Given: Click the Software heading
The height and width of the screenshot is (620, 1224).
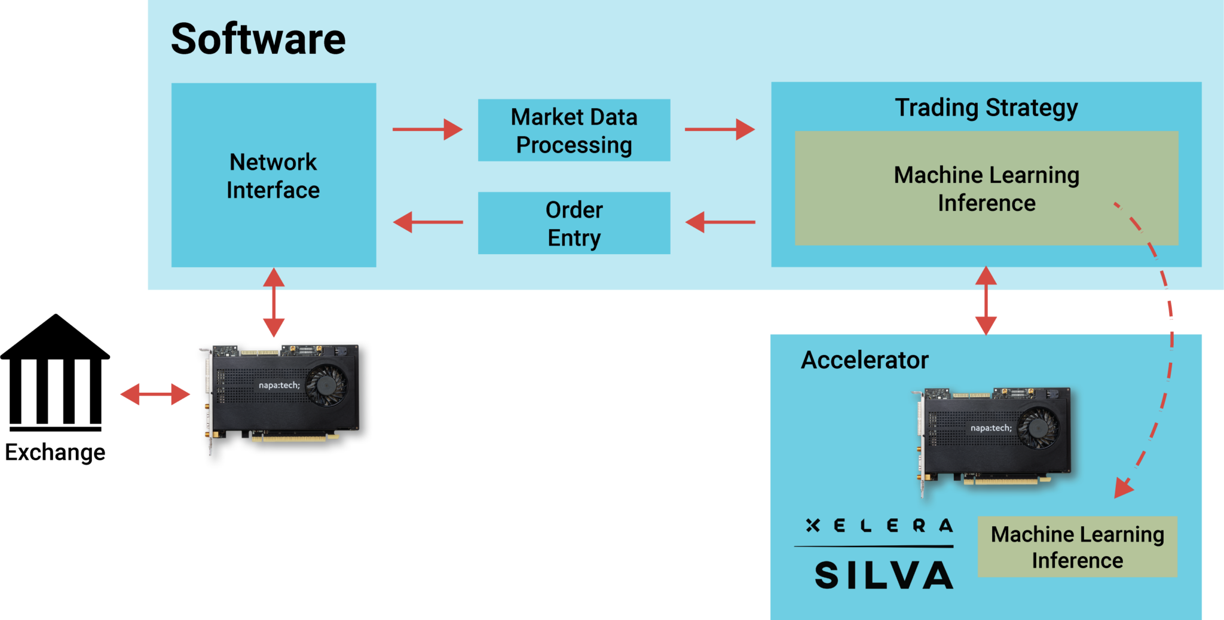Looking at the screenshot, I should (x=258, y=39).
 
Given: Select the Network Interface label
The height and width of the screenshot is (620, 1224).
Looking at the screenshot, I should (x=273, y=176).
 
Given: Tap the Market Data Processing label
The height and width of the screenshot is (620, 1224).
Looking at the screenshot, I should (x=574, y=131).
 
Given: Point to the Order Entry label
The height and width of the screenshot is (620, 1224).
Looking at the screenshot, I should (x=574, y=224).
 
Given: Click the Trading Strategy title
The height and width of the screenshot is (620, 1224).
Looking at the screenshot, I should (x=986, y=108).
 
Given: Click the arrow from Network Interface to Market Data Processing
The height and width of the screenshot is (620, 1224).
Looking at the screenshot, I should (x=427, y=129).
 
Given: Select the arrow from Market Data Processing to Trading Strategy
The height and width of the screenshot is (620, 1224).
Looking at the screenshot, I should (x=720, y=129).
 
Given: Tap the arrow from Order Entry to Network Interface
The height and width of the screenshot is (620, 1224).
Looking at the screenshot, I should (x=427, y=222).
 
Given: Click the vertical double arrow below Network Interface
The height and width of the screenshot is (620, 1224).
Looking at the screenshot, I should (x=274, y=303).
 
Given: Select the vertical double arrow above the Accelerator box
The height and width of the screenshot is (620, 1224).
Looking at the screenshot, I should (x=986, y=301).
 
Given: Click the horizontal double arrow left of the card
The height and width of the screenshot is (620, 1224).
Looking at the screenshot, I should (x=155, y=395).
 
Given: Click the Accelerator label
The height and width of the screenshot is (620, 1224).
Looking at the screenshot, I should (x=864, y=360).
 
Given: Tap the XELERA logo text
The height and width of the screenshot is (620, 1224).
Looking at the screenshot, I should (x=879, y=526).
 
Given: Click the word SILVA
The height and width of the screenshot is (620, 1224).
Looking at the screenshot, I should (x=883, y=575).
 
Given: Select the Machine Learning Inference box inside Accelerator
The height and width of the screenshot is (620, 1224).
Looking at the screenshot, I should (x=1077, y=546).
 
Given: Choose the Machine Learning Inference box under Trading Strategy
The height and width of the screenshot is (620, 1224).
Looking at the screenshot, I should (x=986, y=188).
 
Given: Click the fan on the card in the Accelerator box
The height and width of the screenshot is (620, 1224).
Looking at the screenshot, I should (x=1038, y=427).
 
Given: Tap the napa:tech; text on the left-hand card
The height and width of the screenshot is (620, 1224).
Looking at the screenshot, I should (x=279, y=386).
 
